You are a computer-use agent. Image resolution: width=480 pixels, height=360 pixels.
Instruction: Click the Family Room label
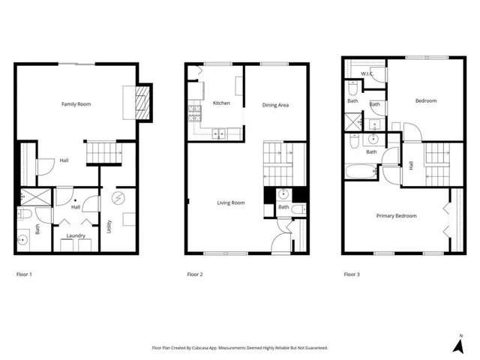tap(76, 103)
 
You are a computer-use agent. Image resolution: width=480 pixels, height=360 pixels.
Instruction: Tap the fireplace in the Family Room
tap(139, 103)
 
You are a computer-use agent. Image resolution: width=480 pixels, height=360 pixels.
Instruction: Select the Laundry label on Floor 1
tap(75, 235)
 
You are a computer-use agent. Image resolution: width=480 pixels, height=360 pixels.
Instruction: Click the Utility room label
tap(109, 226)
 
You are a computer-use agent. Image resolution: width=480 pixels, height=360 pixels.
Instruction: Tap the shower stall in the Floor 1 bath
tap(34, 196)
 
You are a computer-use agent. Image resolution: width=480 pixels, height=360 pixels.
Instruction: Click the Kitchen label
tap(221, 103)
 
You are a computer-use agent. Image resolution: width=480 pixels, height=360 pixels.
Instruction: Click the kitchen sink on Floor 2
tap(220, 135)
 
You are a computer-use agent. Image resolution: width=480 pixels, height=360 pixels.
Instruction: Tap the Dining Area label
tap(275, 105)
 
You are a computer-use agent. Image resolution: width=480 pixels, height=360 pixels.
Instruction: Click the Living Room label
tap(231, 202)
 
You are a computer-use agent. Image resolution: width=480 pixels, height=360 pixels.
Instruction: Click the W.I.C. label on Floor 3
tap(367, 73)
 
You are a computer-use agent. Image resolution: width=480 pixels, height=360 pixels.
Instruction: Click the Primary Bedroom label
tap(397, 215)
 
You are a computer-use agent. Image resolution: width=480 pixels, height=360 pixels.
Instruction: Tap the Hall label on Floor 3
tap(411, 165)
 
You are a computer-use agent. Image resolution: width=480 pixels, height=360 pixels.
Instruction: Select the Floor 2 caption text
tap(195, 274)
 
